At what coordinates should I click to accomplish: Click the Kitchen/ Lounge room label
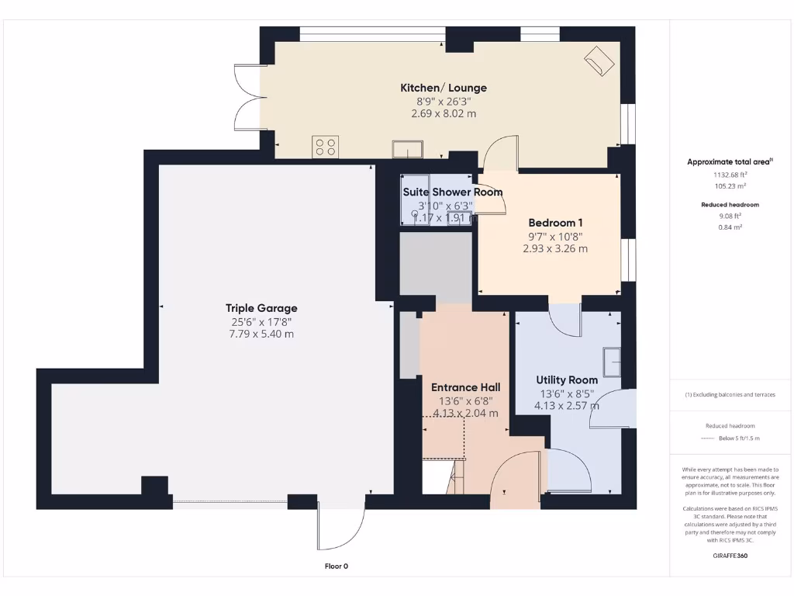[443, 88]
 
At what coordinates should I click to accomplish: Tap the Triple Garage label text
[261, 308]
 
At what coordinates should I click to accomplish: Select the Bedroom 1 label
[555, 222]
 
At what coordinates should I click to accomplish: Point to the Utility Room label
[567, 380]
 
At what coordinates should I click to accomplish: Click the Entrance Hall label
[465, 387]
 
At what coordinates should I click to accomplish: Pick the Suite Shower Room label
[452, 192]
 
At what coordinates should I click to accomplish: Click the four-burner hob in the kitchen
[326, 146]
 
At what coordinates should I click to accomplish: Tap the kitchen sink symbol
[408, 148]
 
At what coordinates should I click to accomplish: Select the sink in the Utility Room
[612, 360]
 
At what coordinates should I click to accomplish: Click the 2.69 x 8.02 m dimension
[443, 113]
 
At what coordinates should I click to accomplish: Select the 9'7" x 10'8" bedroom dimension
[555, 237]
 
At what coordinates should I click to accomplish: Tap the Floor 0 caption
[336, 567]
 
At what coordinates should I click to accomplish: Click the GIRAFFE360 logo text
[730, 556]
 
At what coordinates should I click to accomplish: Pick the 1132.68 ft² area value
[730, 175]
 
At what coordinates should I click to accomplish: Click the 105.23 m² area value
[730, 186]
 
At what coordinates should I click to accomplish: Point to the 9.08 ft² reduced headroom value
[730, 216]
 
